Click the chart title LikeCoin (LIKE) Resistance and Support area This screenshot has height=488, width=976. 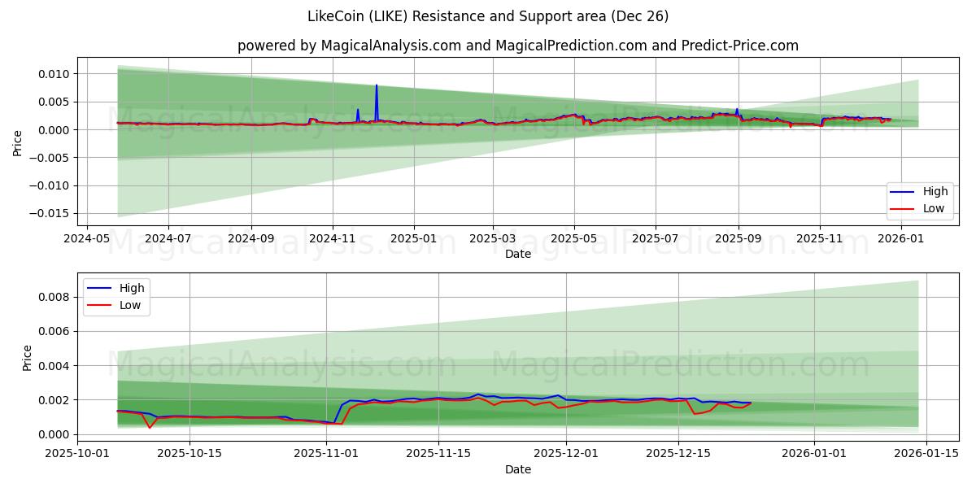click(488, 16)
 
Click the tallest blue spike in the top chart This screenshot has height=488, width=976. click(377, 85)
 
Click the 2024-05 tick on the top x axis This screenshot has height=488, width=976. click(86, 239)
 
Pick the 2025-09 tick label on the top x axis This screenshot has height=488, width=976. click(738, 239)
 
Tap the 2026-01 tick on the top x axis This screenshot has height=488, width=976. click(901, 239)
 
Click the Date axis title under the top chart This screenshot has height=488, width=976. click(517, 254)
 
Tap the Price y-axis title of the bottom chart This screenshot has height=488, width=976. click(28, 358)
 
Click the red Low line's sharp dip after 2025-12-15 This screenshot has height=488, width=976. click(695, 414)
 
